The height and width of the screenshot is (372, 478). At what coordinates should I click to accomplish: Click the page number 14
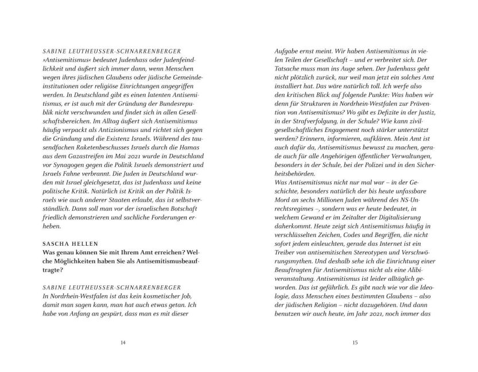[x=123, y=343]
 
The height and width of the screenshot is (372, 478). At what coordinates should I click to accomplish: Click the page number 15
[x=355, y=343]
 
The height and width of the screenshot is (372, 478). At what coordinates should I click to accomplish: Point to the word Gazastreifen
[x=94, y=164]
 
